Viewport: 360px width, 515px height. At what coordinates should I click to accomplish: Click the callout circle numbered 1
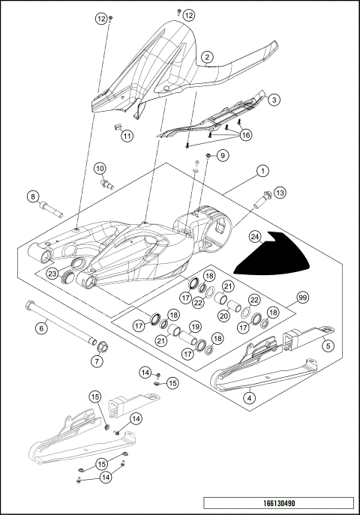pyautogui.click(x=262, y=171)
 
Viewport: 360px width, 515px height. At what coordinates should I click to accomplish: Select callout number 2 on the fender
pyautogui.click(x=207, y=56)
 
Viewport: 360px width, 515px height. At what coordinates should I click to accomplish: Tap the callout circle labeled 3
pyautogui.click(x=274, y=99)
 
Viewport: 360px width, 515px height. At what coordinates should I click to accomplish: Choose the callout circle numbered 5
pyautogui.click(x=327, y=346)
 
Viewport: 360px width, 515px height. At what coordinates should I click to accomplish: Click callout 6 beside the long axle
pyautogui.click(x=43, y=327)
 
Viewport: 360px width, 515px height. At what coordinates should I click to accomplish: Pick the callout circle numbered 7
pyautogui.click(x=97, y=361)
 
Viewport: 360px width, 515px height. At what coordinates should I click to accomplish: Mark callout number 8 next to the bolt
pyautogui.click(x=32, y=196)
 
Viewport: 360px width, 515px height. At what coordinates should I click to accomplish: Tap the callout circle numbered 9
pyautogui.click(x=222, y=155)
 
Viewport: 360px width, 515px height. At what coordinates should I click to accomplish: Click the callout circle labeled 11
pyautogui.click(x=127, y=136)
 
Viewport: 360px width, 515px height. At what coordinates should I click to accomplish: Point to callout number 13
pyautogui.click(x=280, y=193)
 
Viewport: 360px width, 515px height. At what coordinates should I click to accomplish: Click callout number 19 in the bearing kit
pyautogui.click(x=194, y=327)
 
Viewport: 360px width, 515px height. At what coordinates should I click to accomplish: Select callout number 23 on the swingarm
pyautogui.click(x=52, y=274)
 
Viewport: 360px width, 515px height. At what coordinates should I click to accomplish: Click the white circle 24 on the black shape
pyautogui.click(x=256, y=237)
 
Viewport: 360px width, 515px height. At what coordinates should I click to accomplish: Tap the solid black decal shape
pyautogui.click(x=274, y=259)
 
